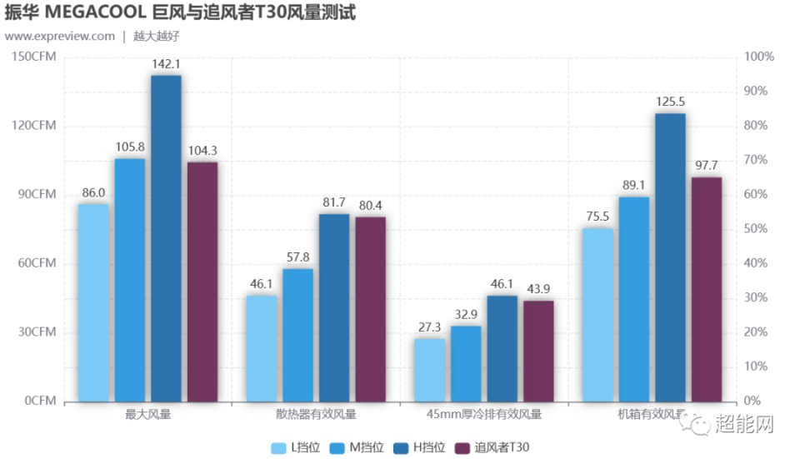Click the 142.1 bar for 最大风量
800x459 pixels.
pos(166,238)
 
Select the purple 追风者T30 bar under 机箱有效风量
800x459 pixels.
pos(707,289)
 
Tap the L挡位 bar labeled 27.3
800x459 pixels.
pos(429,370)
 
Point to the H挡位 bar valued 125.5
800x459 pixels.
pos(670,257)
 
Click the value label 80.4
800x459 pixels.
pos(370,206)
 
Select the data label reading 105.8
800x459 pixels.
pos(130,147)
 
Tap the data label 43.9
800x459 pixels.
pos(537,289)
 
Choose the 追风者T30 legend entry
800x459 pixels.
pos(492,447)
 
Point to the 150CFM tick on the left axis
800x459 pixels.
pos(34,57)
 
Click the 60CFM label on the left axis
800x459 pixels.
pos(37,263)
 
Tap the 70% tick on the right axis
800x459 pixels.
pos(759,160)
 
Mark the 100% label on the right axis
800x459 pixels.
pos(759,57)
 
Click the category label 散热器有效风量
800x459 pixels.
pos(316,414)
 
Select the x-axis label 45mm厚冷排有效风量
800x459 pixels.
pos(484,414)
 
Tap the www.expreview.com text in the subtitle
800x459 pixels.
pos(60,36)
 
